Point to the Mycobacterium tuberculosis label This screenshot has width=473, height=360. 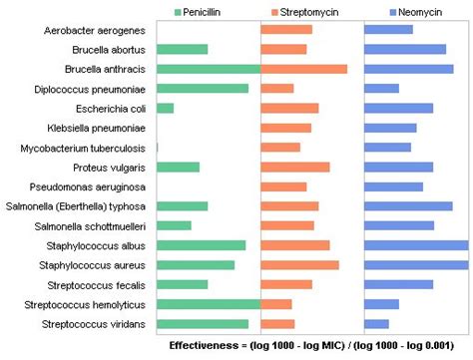pos(84,148)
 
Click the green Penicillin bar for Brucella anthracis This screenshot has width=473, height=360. pos(208,69)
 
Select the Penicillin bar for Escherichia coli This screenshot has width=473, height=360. pos(165,108)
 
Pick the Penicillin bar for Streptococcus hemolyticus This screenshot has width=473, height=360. pos(208,304)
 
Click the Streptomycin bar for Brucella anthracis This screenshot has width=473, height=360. pos(303,69)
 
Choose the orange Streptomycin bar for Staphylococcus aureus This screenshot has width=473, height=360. pos(299,265)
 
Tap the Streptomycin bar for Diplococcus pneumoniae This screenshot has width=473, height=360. pos(276,89)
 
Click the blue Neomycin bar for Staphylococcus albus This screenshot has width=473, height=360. pos(416,245)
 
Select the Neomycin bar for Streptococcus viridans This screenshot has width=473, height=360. pos(376,324)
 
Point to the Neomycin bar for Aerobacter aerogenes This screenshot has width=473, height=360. pos(388,30)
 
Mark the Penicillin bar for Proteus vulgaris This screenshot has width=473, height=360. pos(178,167)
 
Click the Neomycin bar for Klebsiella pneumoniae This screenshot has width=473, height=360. pos(390,128)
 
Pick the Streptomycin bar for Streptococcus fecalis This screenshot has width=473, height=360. pos(285,284)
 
